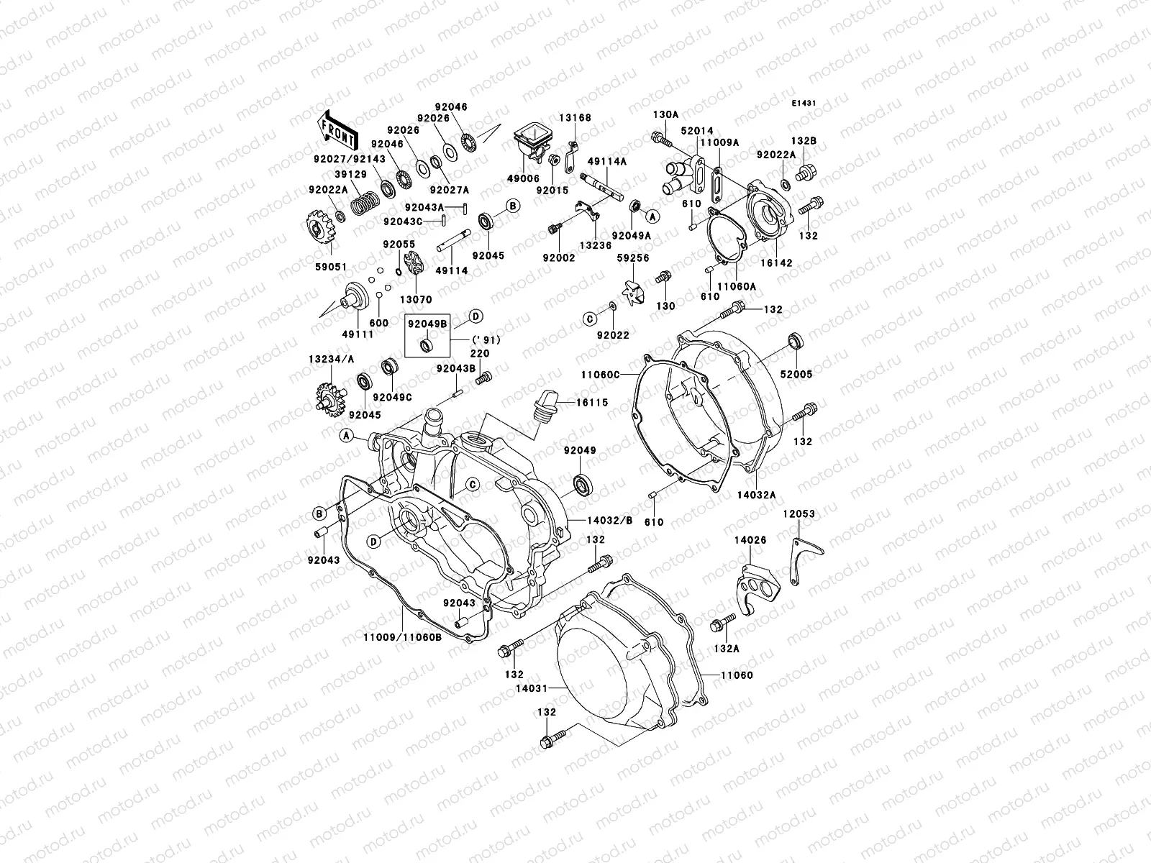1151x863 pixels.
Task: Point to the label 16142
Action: [x=778, y=263]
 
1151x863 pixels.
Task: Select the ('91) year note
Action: [x=486, y=339]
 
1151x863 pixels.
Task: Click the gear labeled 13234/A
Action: [x=326, y=396]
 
